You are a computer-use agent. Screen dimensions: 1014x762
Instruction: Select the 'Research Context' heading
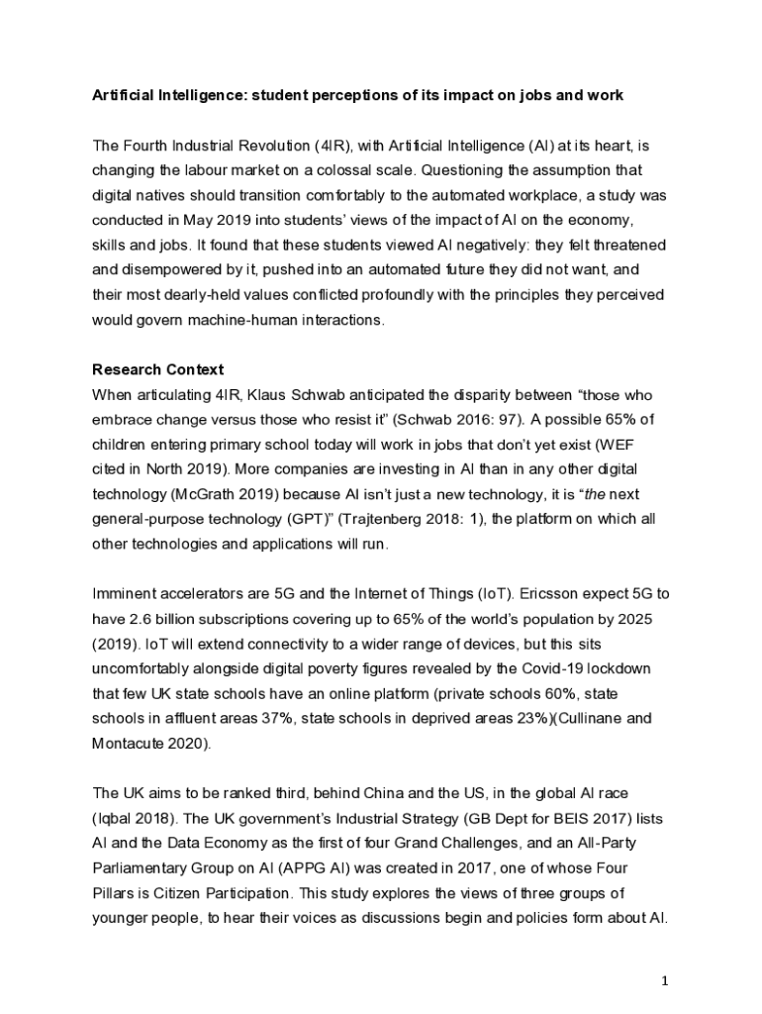[157, 369]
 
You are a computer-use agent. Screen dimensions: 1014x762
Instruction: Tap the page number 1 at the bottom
[666, 980]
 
